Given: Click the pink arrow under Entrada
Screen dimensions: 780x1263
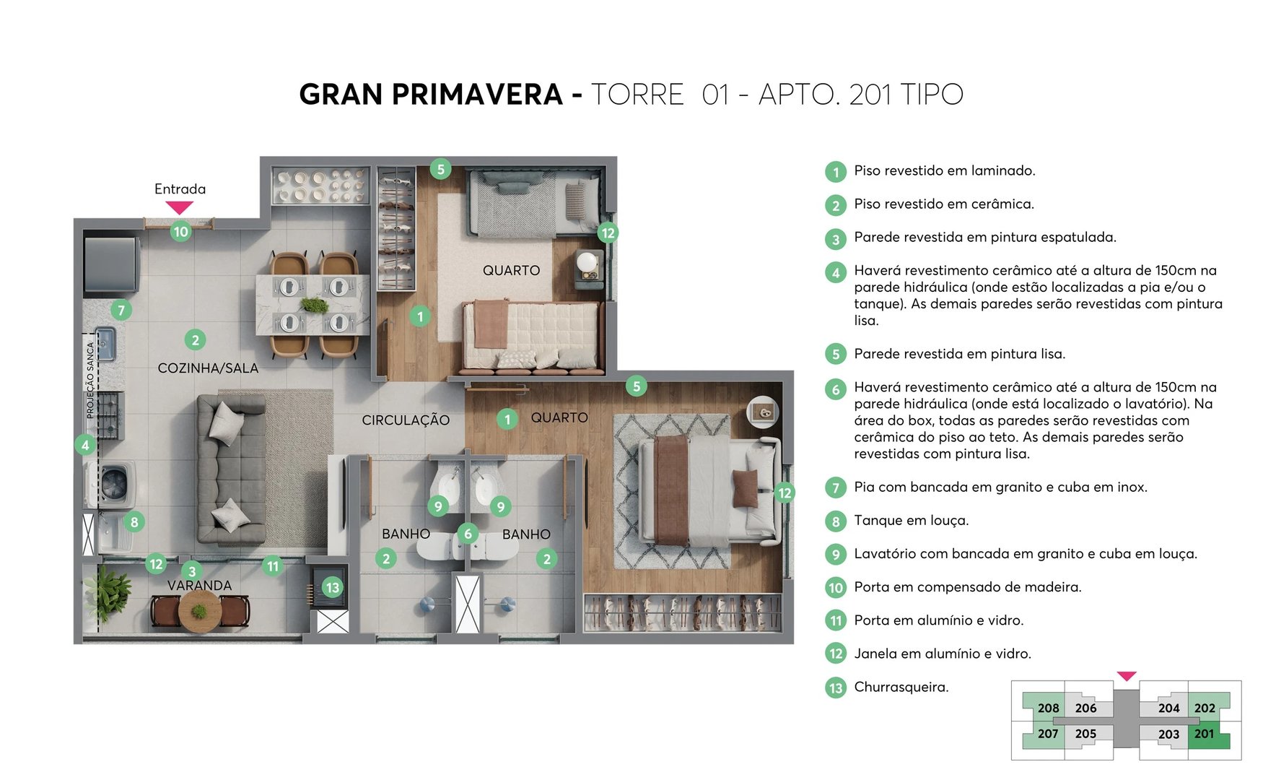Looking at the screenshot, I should (x=179, y=208).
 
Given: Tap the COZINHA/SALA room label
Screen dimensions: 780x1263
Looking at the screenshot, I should (x=208, y=368).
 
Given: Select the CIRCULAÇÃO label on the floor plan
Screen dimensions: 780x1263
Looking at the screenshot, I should (x=406, y=420).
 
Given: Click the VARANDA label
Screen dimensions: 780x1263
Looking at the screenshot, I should (x=200, y=586).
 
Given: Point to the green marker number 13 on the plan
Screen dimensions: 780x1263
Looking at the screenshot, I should (x=332, y=587).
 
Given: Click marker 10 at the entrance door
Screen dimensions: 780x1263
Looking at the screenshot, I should (x=180, y=232).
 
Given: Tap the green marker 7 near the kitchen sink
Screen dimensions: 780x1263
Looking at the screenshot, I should (x=121, y=311).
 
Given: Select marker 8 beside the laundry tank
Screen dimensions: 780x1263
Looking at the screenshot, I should (x=134, y=521).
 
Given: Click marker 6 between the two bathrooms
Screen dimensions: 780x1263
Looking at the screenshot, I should (x=468, y=534).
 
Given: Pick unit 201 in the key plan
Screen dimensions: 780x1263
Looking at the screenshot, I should (x=1204, y=734).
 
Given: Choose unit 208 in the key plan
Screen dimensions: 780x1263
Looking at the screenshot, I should (x=1048, y=708).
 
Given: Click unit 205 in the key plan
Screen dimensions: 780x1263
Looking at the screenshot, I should (x=1085, y=734).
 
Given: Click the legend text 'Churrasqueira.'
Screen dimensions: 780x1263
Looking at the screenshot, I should (x=901, y=687).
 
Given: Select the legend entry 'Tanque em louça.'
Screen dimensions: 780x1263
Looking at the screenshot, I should (x=911, y=521).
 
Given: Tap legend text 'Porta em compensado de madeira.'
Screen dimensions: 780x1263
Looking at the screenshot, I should (x=967, y=587).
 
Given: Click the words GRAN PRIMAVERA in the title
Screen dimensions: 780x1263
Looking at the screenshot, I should (x=430, y=95).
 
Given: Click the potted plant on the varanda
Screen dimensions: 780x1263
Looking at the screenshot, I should (x=108, y=592).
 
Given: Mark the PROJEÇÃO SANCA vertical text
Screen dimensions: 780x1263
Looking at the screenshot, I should (x=90, y=380).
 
